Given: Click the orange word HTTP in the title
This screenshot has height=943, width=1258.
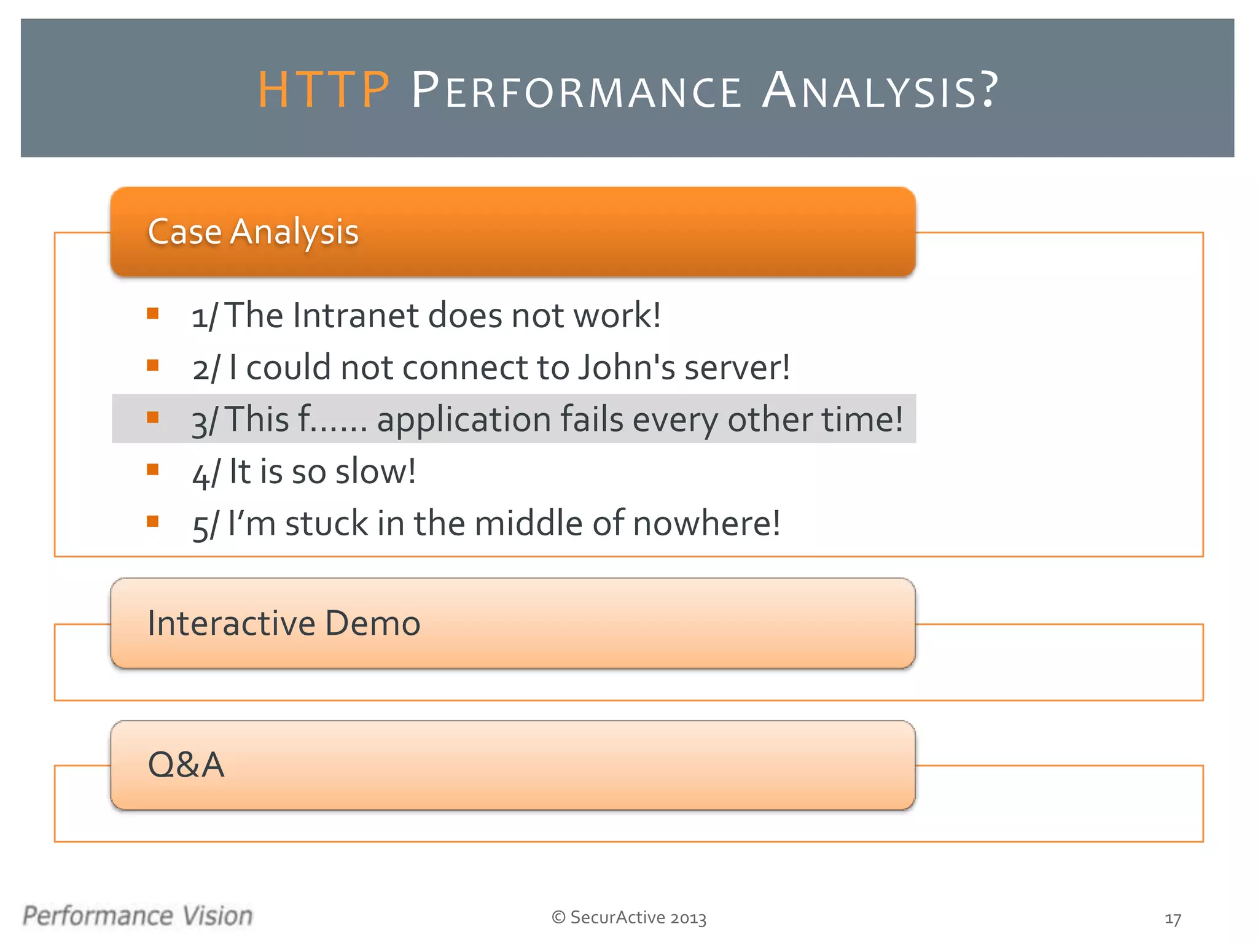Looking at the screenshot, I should pyautogui.click(x=324, y=90).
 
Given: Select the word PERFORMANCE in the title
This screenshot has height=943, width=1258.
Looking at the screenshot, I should pyautogui.click(x=576, y=91).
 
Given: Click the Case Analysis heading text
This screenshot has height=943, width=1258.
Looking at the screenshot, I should pyautogui.click(x=253, y=232).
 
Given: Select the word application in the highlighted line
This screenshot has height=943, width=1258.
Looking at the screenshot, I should pyautogui.click(x=464, y=421).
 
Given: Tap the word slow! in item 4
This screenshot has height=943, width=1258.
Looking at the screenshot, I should pyautogui.click(x=375, y=471).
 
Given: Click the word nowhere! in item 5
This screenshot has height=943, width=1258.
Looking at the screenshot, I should pyautogui.click(x=706, y=524).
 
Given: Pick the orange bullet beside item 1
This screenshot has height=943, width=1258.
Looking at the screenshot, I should pyautogui.click(x=153, y=314).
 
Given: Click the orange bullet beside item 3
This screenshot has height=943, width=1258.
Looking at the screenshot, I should pyautogui.click(x=153, y=417).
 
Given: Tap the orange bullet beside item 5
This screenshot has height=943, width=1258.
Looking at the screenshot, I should pyautogui.click(x=153, y=521).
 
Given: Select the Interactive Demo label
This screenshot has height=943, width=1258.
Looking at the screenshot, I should pyautogui.click(x=284, y=623).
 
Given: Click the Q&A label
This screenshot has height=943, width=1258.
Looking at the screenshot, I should pyautogui.click(x=186, y=765).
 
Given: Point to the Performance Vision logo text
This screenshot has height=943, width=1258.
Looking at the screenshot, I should pyautogui.click(x=138, y=915).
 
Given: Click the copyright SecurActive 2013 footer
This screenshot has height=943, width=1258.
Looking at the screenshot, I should pyautogui.click(x=629, y=917).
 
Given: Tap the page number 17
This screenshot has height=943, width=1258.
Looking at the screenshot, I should pyautogui.click(x=1173, y=919).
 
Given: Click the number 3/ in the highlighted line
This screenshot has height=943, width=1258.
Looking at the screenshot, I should pyautogui.click(x=205, y=422).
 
